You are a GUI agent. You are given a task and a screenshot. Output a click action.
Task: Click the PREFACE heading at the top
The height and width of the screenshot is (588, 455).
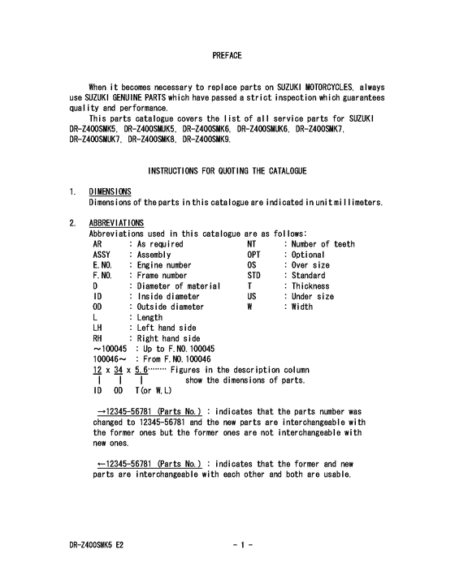pos(227,55)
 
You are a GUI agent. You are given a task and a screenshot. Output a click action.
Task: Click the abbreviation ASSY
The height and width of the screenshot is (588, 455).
pos(102,255)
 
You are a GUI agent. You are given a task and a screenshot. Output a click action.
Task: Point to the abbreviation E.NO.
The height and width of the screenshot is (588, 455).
pos(102,265)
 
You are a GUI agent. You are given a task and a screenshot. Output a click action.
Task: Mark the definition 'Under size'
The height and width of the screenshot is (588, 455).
pos(313,297)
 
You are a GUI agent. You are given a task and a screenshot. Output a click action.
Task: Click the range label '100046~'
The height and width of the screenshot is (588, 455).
pos(107,360)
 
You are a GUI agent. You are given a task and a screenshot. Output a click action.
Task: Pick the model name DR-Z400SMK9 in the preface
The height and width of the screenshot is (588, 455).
pos(206,139)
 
